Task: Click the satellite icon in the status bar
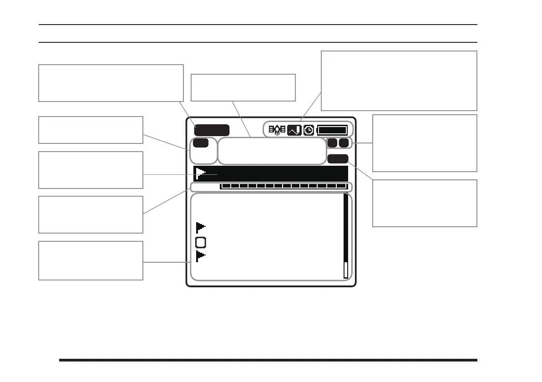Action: click(x=277, y=130)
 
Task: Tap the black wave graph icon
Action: click(x=294, y=130)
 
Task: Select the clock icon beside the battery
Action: click(x=309, y=130)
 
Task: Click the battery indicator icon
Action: click(x=333, y=130)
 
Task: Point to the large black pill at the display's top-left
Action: click(x=213, y=130)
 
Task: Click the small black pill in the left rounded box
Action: click(x=201, y=143)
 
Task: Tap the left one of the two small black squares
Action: click(x=332, y=143)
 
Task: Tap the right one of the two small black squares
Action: click(x=344, y=143)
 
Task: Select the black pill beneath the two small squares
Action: click(x=338, y=158)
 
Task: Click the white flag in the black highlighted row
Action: click(x=200, y=173)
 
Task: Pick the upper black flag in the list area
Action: click(x=201, y=227)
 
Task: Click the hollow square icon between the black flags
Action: click(x=201, y=242)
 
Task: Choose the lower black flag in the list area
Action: click(x=201, y=256)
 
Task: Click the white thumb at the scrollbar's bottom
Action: click(x=346, y=270)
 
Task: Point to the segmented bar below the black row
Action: click(x=284, y=186)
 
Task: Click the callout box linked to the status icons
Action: click(x=399, y=81)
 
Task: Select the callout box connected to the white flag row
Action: click(x=91, y=170)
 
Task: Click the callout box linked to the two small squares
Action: click(x=425, y=143)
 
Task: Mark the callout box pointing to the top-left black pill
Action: click(x=111, y=83)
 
